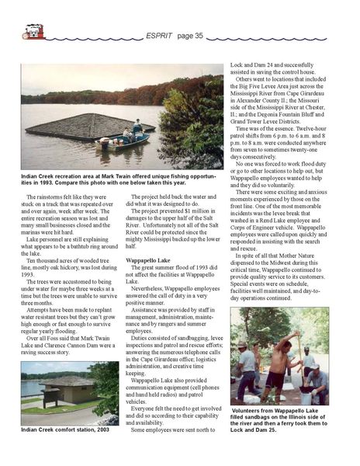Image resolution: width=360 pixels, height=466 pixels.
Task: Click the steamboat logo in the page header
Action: [32, 33]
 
